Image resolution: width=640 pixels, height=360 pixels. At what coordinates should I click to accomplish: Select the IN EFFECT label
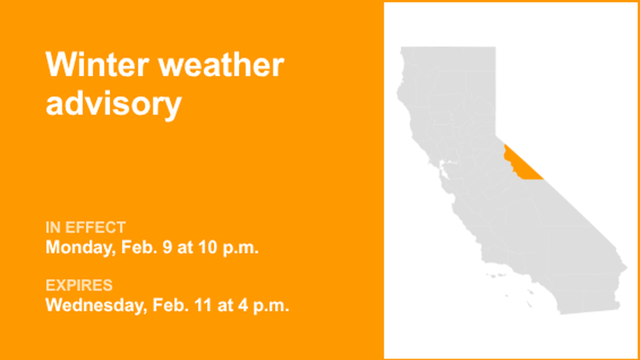85,227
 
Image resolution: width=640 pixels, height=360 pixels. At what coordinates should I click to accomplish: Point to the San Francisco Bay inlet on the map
444,166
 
